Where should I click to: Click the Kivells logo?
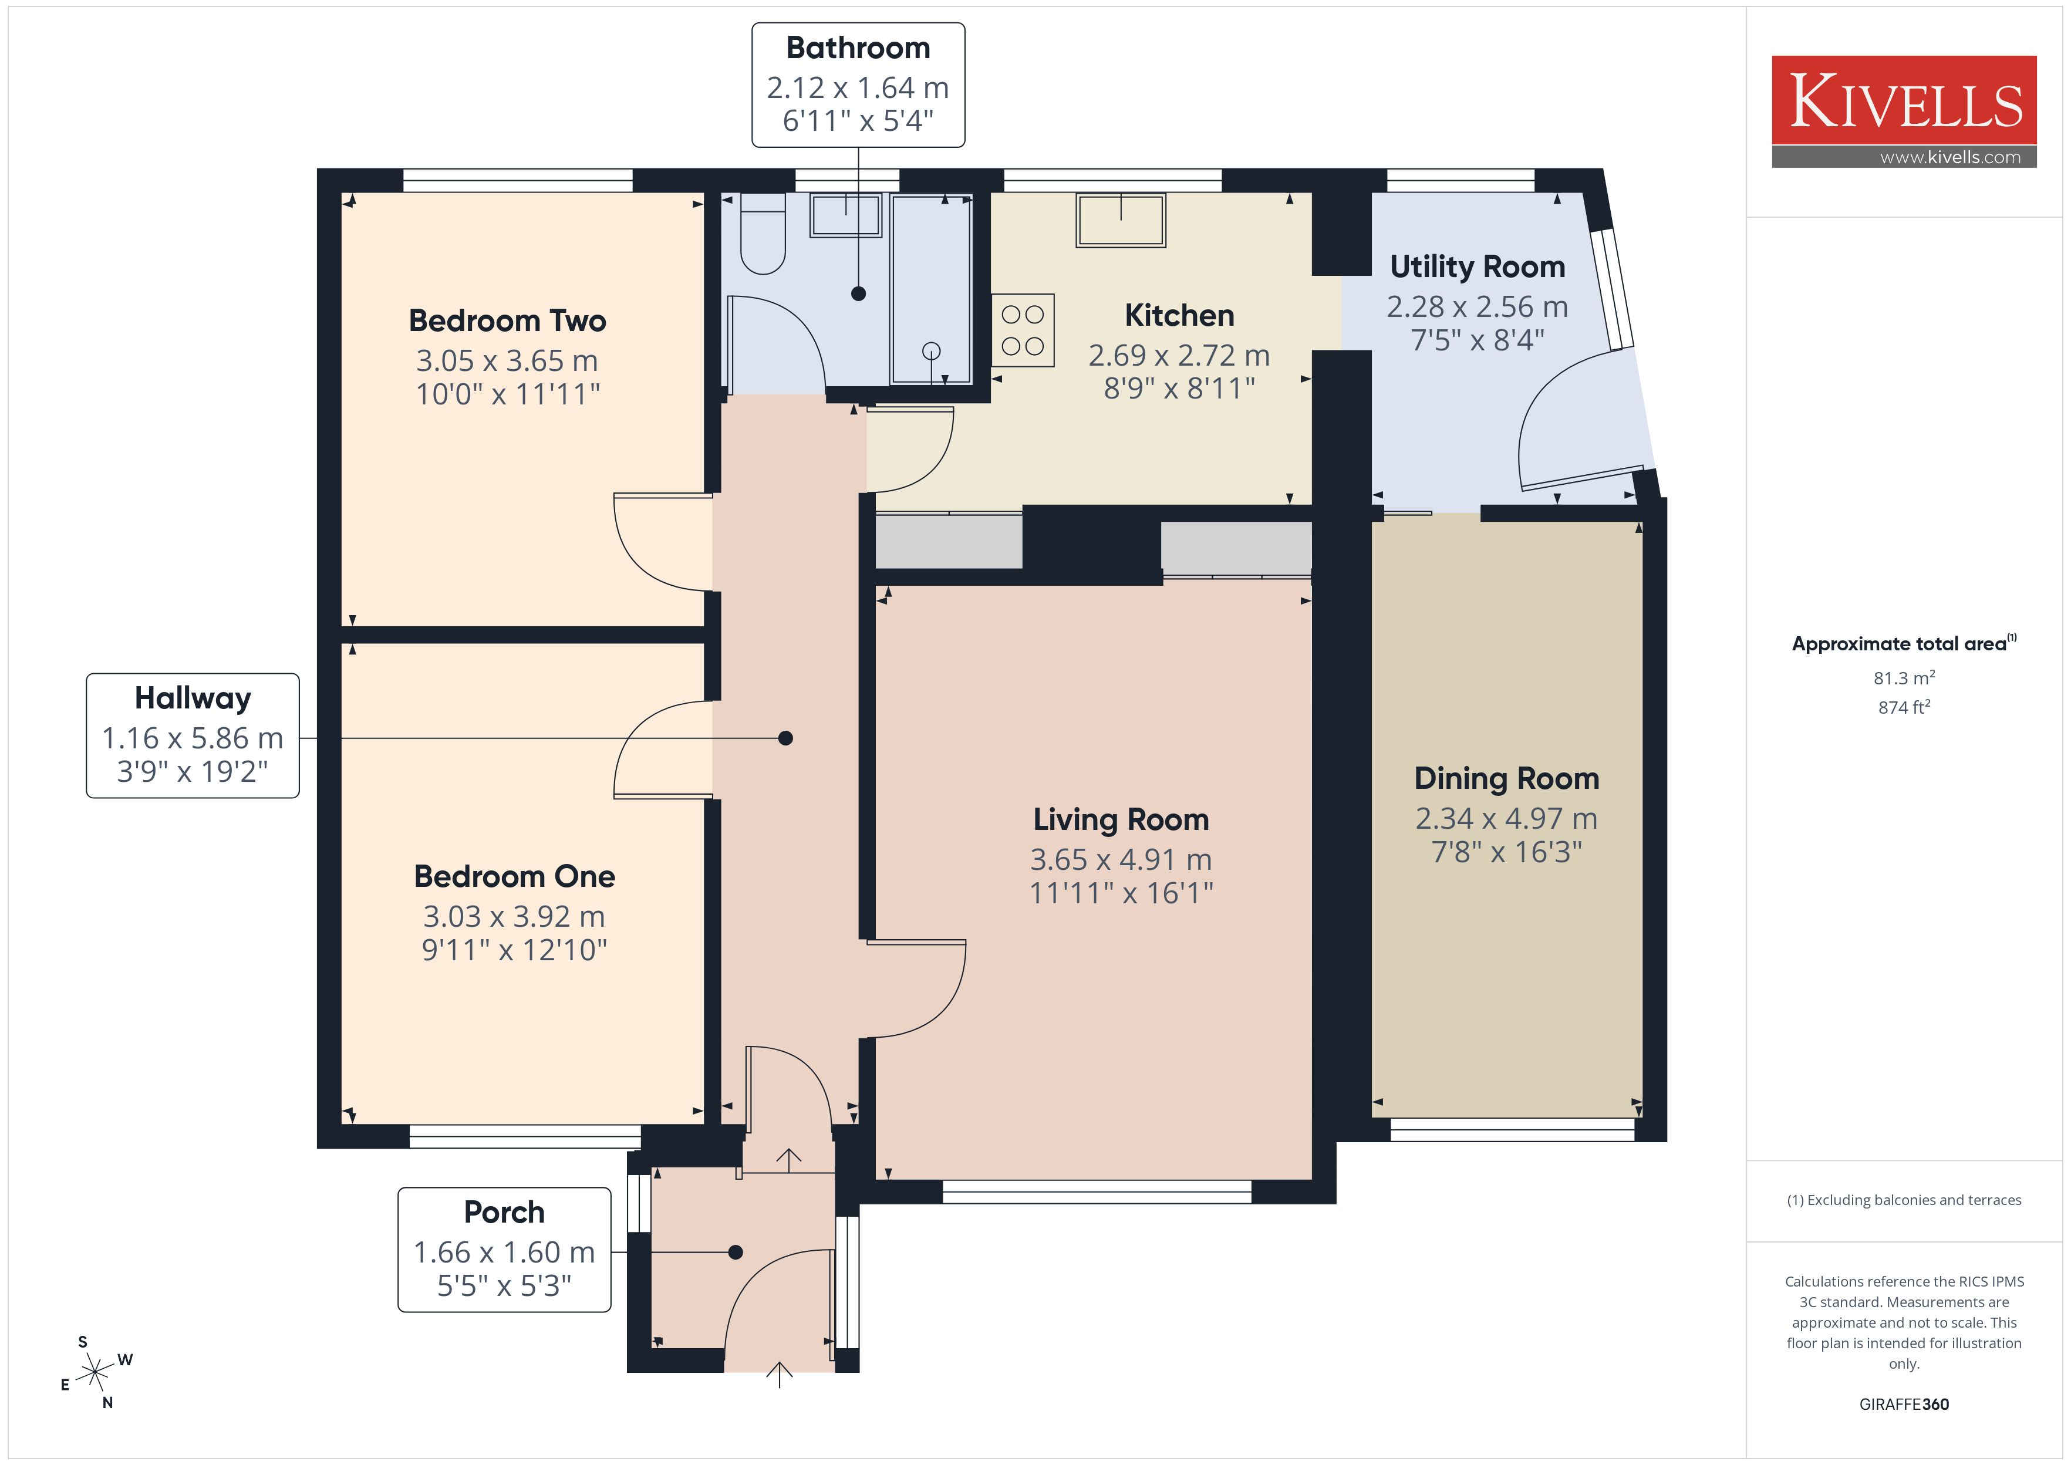coord(1904,111)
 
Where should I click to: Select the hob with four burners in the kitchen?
coord(1023,330)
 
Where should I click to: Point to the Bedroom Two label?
coord(507,320)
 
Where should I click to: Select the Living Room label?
coord(1121,819)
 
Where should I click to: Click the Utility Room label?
coord(1478,267)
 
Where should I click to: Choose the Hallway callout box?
coord(193,735)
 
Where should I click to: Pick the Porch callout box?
coord(504,1250)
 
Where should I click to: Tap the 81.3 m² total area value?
coord(1904,677)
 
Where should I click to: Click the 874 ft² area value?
coord(1904,707)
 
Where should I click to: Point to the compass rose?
coord(95,1373)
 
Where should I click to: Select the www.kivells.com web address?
coord(1950,157)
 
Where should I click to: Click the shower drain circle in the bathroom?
coord(932,351)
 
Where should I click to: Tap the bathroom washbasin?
coord(845,215)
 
